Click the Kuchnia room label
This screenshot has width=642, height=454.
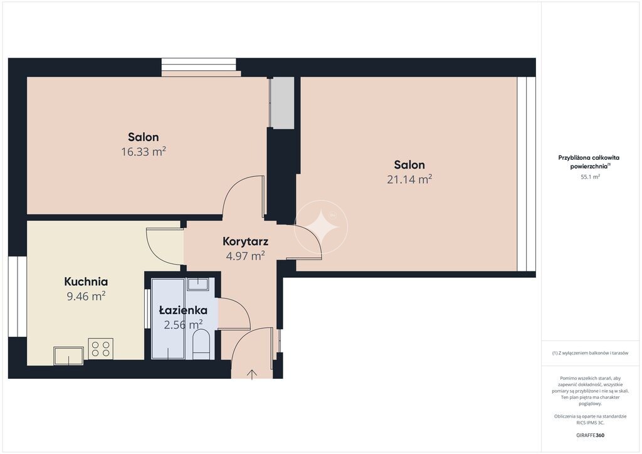pyautogui.click(x=86, y=282)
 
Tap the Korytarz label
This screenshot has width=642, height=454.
pyautogui.click(x=245, y=241)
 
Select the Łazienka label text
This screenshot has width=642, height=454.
pyautogui.click(x=183, y=310)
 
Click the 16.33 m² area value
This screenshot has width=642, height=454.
pyautogui.click(x=144, y=152)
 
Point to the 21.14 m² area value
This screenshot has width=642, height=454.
pyautogui.click(x=409, y=179)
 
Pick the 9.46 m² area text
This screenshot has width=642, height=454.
pyautogui.click(x=86, y=296)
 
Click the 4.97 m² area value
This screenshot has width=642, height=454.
pyautogui.click(x=245, y=256)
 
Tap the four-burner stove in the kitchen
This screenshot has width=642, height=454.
pyautogui.click(x=101, y=349)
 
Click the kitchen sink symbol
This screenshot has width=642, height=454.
pyautogui.click(x=68, y=356)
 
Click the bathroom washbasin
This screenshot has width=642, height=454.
pyautogui.click(x=199, y=283)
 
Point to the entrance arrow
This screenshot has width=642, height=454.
pyautogui.click(x=252, y=374)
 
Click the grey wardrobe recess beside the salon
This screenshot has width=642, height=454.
pyautogui.click(x=283, y=103)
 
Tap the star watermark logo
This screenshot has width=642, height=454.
pyautogui.click(x=322, y=227)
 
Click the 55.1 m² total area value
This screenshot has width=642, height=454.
pyautogui.click(x=590, y=177)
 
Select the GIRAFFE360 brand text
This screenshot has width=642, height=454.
pyautogui.click(x=590, y=435)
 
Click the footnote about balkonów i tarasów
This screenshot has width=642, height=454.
pyautogui.click(x=590, y=353)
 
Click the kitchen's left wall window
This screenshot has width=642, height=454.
pyautogui.click(x=18, y=297)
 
